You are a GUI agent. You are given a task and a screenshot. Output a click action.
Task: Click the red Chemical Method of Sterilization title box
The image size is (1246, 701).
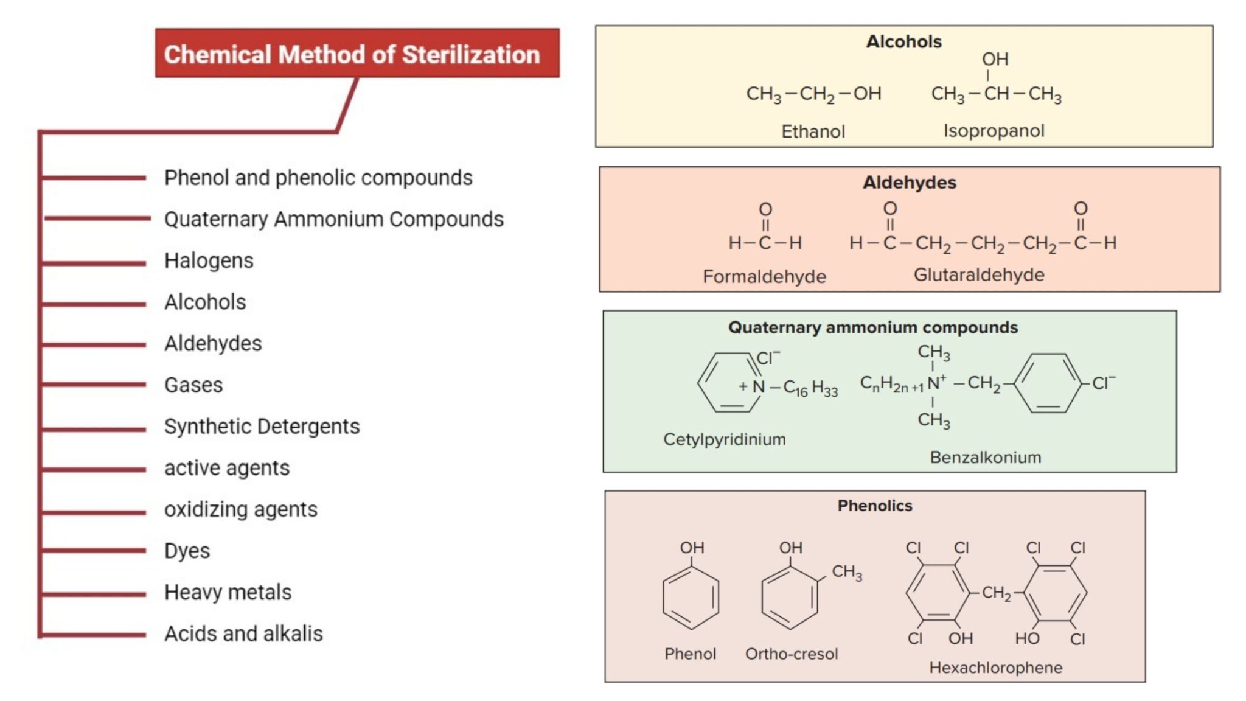pyautogui.click(x=357, y=54)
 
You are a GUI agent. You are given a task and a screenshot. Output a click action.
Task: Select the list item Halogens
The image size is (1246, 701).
pyautogui.click(x=209, y=260)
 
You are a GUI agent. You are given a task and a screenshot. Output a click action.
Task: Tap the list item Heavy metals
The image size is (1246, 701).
pyautogui.click(x=228, y=592)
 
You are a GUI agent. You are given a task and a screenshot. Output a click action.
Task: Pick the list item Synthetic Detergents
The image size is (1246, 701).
pyautogui.click(x=262, y=427)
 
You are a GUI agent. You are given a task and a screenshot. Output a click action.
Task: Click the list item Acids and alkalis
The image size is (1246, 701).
pyautogui.click(x=243, y=633)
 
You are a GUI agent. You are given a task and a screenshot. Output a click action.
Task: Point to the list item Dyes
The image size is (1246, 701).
pyautogui.click(x=187, y=551)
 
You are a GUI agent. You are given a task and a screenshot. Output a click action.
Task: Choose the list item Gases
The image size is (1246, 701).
pyautogui.click(x=193, y=385)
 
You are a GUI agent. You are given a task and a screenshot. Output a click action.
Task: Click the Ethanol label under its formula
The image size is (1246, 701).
pyautogui.click(x=813, y=131)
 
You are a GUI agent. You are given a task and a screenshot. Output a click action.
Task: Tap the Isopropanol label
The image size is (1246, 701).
pyautogui.click(x=994, y=131)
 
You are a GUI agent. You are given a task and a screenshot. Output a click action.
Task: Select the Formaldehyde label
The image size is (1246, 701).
pyautogui.click(x=764, y=277)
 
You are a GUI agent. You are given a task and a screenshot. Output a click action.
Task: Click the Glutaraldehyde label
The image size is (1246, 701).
pyautogui.click(x=979, y=275)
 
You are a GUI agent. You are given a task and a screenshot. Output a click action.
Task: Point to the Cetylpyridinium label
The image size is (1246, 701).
pyautogui.click(x=724, y=439)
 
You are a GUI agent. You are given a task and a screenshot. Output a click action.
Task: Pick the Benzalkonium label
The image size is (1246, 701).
pyautogui.click(x=985, y=458)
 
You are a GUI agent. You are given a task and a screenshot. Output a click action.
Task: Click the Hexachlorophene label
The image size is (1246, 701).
pyautogui.click(x=995, y=668)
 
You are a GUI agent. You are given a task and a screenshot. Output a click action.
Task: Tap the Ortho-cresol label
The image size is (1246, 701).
pyautogui.click(x=792, y=654)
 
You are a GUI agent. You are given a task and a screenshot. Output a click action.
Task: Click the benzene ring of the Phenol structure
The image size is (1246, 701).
pyautogui.click(x=691, y=598)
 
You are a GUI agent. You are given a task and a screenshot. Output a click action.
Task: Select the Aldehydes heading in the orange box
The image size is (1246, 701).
pyautogui.click(x=909, y=183)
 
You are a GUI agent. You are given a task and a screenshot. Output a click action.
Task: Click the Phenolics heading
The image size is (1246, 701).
pyautogui.click(x=874, y=506)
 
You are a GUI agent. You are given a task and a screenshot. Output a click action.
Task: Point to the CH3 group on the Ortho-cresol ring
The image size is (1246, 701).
pyautogui.click(x=847, y=572)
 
